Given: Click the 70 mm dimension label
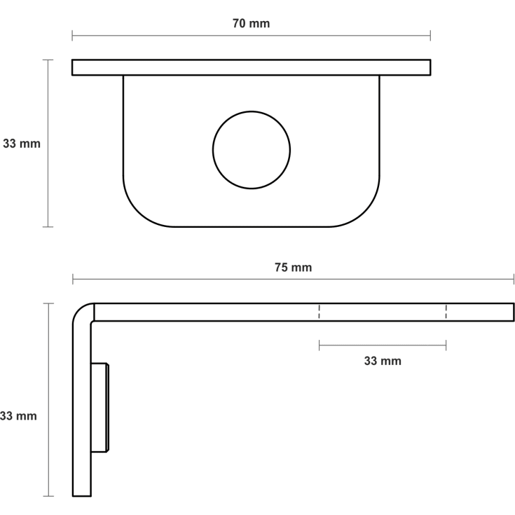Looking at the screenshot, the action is [x=252, y=24].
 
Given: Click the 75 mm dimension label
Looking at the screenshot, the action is [x=294, y=268].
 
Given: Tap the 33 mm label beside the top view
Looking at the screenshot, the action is [x=22, y=144].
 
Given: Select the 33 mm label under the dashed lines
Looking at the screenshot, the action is [x=383, y=362].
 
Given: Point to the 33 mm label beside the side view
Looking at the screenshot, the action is [x=18, y=416].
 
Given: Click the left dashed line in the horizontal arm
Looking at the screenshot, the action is [x=319, y=312].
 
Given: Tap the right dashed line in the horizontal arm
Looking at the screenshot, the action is [x=446, y=312].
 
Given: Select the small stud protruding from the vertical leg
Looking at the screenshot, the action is [x=99, y=408].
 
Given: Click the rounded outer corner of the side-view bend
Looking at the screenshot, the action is [x=78, y=309].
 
